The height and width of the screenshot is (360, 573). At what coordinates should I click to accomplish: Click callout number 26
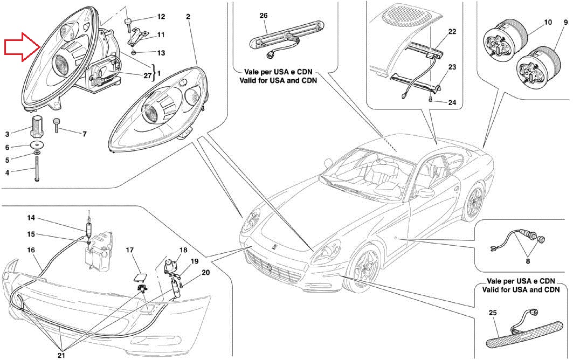pyautogui.click(x=264, y=16)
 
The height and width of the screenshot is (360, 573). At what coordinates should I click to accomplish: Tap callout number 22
pyautogui.click(x=452, y=32)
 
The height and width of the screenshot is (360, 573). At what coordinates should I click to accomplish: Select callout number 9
pyautogui.click(x=565, y=23)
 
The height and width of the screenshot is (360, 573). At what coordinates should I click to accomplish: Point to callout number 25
pyautogui.click(x=493, y=312)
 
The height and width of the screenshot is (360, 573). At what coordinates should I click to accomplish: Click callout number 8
pyautogui.click(x=528, y=261)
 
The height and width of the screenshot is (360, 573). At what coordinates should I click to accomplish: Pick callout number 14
pyautogui.click(x=31, y=218)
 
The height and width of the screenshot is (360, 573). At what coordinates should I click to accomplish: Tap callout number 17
pyautogui.click(x=130, y=250)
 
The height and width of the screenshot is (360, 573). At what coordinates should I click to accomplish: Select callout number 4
pyautogui.click(x=8, y=173)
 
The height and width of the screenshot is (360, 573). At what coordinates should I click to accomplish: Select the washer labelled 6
pyautogui.click(x=36, y=146)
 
